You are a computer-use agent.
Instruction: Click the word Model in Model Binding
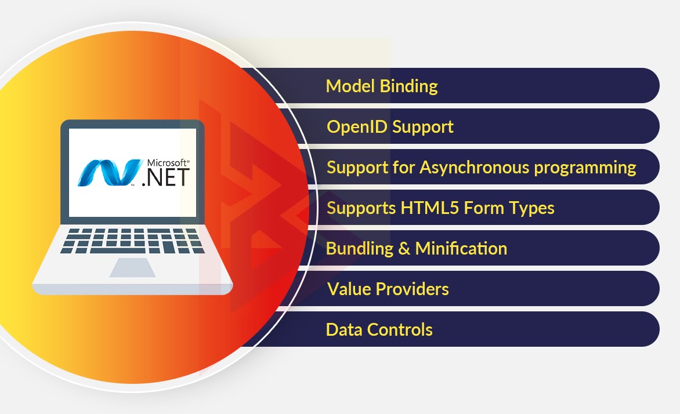point(350,86)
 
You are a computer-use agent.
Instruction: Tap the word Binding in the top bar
point(408,87)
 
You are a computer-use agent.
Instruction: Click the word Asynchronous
point(475,168)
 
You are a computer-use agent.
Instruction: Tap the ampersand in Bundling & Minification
point(404,248)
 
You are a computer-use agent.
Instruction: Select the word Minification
point(461,248)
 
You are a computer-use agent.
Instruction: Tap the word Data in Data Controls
point(344,330)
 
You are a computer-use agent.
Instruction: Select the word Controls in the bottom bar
point(400,330)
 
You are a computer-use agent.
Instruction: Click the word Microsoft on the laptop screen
point(168,163)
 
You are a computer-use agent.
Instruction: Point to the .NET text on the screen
point(166,177)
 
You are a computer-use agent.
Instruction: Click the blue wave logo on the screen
point(110,173)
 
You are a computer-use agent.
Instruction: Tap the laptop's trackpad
point(132,267)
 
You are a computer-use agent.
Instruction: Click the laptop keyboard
point(132,241)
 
